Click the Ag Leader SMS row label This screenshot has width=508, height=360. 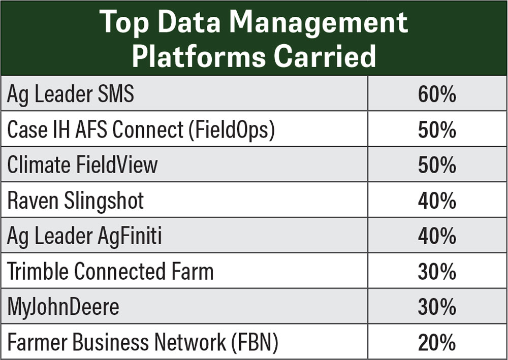tap(71, 95)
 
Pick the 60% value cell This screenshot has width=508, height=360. tap(437, 95)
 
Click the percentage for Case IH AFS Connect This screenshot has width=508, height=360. tap(437, 130)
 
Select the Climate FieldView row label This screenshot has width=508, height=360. tap(82, 165)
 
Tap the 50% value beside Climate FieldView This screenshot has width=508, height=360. tap(437, 165)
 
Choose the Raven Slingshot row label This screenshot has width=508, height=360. tap(76, 201)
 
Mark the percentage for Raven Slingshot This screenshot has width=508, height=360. tap(437, 201)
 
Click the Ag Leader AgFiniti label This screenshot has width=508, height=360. tap(84, 237)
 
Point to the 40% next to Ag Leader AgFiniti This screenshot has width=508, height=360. tap(437, 237)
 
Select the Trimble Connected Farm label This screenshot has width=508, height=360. tap(110, 272)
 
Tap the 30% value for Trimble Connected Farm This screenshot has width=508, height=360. tap(437, 272)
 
